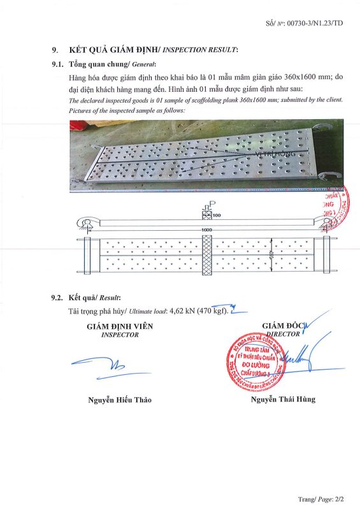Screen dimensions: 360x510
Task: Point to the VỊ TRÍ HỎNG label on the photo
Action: pos(275,154)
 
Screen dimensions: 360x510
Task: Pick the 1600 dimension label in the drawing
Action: pos(206,229)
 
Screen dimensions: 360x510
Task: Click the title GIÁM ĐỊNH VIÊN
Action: pos(120,326)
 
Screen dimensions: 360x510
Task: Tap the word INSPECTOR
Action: pos(120,334)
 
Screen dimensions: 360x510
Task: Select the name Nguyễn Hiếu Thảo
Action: pos(120,400)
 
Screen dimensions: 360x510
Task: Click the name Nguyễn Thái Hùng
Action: pos(283,399)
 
